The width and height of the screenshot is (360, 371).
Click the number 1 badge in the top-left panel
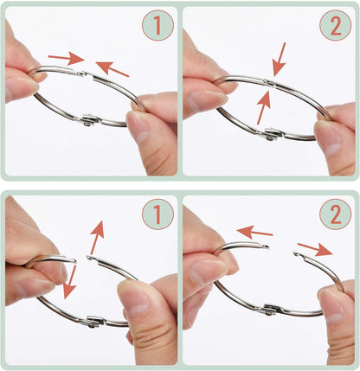(x=157, y=25)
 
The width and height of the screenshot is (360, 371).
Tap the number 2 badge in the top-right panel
(x=336, y=25)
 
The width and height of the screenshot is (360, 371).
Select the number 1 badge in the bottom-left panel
(x=157, y=214)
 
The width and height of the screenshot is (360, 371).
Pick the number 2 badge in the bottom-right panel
(x=336, y=214)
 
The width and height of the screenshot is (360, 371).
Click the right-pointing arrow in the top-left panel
(x=66, y=58)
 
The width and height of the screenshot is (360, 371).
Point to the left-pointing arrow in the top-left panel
(x=112, y=68)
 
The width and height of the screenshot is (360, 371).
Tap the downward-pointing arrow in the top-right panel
(x=280, y=60)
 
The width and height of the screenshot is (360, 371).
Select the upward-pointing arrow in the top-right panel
(x=263, y=107)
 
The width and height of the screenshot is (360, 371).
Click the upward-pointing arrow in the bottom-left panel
(x=97, y=238)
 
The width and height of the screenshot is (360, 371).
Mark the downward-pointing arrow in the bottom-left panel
(x=70, y=282)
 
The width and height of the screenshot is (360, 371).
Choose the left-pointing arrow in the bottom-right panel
(x=254, y=232)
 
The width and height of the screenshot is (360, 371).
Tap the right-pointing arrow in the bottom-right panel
(x=315, y=249)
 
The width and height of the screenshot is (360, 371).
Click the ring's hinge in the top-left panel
(x=90, y=119)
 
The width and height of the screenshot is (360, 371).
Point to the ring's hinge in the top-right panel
(x=273, y=134)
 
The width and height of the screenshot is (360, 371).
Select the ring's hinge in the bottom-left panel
(x=94, y=322)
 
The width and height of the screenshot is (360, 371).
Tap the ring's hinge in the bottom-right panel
(x=273, y=310)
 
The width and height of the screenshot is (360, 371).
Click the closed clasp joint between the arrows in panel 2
(x=270, y=83)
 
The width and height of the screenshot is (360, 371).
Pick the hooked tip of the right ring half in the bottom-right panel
(x=296, y=254)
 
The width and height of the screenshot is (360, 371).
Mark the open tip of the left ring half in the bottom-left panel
(x=74, y=261)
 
